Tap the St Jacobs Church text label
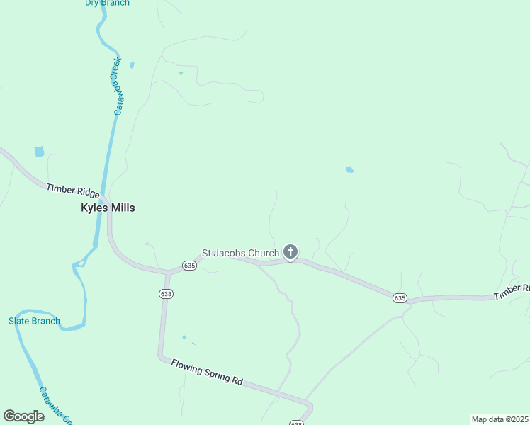(241, 253)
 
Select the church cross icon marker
(290, 251)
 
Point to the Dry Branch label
(107, 3)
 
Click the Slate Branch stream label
(34, 321)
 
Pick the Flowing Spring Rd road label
(207, 372)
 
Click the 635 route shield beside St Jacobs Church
(188, 265)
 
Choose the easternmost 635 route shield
(400, 298)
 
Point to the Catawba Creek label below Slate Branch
(55, 405)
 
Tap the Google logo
(24, 416)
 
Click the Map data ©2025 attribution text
(500, 419)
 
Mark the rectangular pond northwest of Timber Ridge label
(39, 151)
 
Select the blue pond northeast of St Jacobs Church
(349, 170)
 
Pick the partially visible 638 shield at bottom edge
(296, 423)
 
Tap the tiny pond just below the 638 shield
(184, 336)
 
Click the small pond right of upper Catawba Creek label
(132, 65)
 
